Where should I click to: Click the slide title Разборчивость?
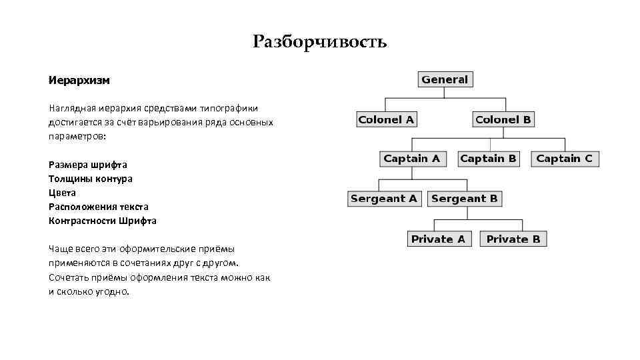pos(320,43)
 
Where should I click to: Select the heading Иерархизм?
pos(79,80)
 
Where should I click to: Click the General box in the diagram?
pos(445,79)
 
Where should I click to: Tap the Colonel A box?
pos(386,120)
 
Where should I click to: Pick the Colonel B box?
pos(503,120)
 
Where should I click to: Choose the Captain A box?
pos(411,159)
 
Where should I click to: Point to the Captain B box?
pos(488,159)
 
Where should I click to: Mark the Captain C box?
pos(564,159)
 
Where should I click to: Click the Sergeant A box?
pos(384,199)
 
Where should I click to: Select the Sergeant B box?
pos(464,199)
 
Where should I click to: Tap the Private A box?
pos(438,239)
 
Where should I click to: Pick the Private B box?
pos(513,239)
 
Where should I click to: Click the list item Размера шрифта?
pos(87,164)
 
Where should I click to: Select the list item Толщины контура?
pos(90,179)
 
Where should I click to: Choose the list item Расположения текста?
pos(98,207)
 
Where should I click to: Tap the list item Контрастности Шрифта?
pos(102,221)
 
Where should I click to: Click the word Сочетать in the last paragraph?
pos(69,277)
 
